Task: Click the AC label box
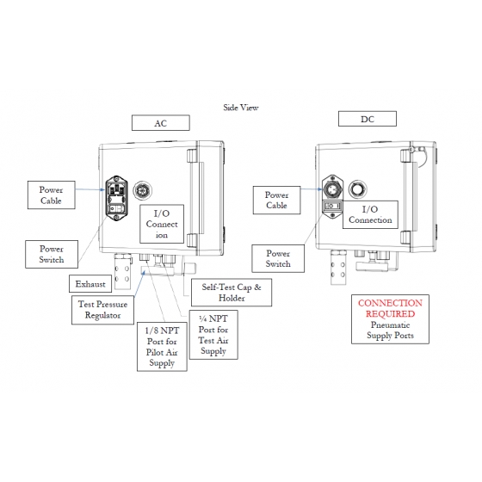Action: click(161, 123)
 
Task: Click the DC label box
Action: click(368, 119)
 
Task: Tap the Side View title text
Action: click(241, 108)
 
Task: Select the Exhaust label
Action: click(90, 284)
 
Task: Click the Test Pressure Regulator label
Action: click(103, 310)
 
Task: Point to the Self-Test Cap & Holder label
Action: click(232, 293)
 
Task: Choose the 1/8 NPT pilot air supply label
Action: click(162, 347)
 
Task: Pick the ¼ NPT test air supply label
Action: click(213, 335)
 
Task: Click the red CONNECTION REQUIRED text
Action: click(390, 308)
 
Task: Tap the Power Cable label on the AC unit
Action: click(52, 195)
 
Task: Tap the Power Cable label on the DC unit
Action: click(276, 200)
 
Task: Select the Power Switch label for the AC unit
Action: click(52, 254)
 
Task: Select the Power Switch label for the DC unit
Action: click(278, 258)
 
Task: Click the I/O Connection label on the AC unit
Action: click(162, 224)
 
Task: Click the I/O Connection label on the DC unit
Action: click(370, 214)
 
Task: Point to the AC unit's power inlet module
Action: click(116, 199)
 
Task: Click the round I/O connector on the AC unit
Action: click(142, 190)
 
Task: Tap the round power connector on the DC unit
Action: click(332, 188)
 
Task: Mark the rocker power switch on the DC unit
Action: click(332, 206)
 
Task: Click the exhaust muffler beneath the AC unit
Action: click(123, 271)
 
